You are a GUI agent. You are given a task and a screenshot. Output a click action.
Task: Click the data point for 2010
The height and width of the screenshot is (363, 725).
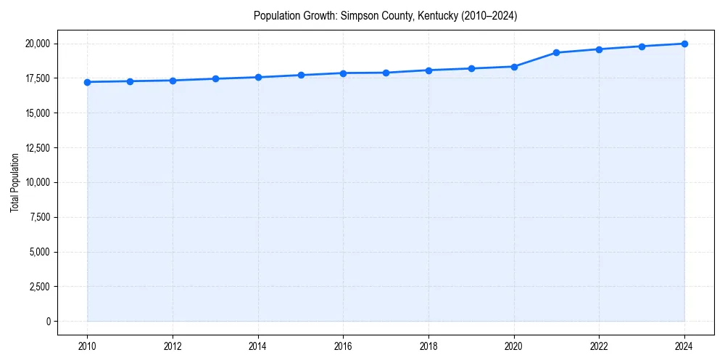point(87,82)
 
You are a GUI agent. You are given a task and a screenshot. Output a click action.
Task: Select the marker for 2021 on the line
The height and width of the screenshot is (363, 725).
point(556,52)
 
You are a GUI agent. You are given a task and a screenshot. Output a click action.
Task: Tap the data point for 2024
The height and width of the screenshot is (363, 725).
point(684,44)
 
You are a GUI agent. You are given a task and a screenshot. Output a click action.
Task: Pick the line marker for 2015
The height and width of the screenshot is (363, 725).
point(301,75)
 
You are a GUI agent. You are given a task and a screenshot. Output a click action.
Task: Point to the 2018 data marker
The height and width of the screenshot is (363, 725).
point(428,70)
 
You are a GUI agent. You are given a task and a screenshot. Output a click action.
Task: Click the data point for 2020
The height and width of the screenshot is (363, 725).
point(514,67)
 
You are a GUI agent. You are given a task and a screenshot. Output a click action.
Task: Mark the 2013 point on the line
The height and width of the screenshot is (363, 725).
point(215,78)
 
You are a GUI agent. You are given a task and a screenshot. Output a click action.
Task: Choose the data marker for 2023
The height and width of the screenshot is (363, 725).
point(642,46)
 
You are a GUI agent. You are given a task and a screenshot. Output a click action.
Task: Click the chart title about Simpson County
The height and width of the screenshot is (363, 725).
point(385,15)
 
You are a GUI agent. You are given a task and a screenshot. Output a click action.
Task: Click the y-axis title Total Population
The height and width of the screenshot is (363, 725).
point(14,182)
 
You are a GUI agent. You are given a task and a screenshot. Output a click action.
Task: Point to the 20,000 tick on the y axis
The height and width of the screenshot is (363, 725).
point(38,44)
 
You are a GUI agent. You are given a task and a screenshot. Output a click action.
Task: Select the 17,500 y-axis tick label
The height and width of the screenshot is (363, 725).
point(38,78)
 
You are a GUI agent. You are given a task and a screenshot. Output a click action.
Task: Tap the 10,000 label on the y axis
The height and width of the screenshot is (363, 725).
point(38,182)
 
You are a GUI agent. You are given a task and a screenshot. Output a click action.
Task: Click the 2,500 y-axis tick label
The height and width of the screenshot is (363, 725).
point(40,287)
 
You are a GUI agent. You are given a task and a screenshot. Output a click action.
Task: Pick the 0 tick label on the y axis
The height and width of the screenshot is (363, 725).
point(49,322)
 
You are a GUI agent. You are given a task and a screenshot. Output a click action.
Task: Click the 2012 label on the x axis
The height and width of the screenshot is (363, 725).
point(173,346)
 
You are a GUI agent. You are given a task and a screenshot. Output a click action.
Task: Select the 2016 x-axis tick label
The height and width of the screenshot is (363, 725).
point(343,346)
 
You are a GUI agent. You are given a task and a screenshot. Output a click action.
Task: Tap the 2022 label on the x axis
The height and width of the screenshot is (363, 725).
point(599,346)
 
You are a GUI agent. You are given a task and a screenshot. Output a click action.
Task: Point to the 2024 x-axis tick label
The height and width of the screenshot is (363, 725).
point(684,346)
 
